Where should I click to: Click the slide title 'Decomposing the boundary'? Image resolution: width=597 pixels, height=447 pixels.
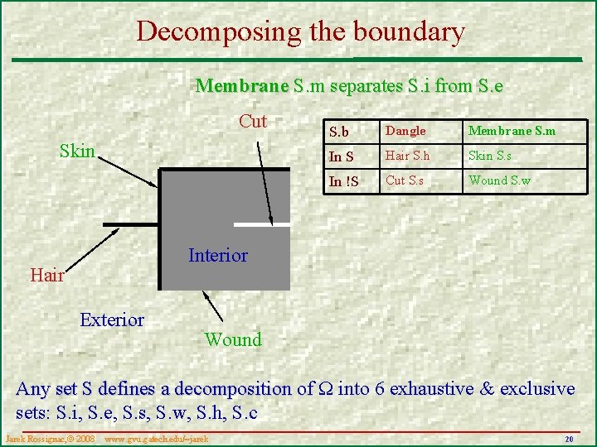coord(300,31)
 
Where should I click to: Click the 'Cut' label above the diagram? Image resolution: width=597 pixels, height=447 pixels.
coord(253,122)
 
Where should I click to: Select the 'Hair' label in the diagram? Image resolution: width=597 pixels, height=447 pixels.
coord(47,276)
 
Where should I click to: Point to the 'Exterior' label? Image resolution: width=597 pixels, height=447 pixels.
coord(112,320)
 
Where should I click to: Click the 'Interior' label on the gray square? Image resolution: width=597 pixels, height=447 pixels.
coord(218,255)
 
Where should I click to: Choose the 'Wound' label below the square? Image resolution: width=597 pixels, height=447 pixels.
coord(233,339)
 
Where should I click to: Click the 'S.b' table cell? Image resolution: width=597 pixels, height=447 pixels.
coord(339,132)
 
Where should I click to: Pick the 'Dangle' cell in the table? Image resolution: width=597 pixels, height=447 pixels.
coord(406,131)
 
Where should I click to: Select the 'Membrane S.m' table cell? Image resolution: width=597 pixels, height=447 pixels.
coord(512,131)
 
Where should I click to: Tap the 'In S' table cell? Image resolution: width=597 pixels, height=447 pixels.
coord(342,156)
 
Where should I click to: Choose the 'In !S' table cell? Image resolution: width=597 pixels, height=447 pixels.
coord(344,181)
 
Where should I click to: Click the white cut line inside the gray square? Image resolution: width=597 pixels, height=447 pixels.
coord(262,223)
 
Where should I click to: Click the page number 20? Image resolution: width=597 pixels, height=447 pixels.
coord(569,438)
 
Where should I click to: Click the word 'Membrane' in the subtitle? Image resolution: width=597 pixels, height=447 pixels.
coord(241,85)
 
